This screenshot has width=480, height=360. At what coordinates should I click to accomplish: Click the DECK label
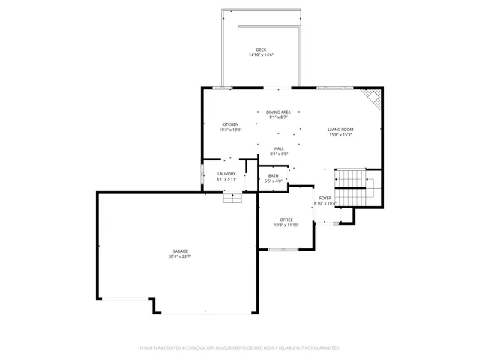pyautogui.click(x=261, y=49)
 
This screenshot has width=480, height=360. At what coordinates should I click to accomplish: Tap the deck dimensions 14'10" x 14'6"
pyautogui.click(x=261, y=55)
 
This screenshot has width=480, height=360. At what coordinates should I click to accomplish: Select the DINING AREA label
pyautogui.click(x=278, y=112)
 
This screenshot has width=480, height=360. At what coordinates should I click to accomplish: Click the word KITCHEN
pyautogui.click(x=230, y=124)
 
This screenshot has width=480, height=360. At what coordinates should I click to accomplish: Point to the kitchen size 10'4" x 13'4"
pyautogui.click(x=230, y=130)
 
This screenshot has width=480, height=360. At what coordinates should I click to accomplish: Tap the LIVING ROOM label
pyautogui.click(x=340, y=130)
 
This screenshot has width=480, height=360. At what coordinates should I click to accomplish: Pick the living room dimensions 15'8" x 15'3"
pyautogui.click(x=340, y=136)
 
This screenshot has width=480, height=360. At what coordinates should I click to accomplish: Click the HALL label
pyautogui.click(x=279, y=148)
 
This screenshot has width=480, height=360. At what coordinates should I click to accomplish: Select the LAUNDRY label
pyautogui.click(x=226, y=174)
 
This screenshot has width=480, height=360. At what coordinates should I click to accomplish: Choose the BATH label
pyautogui.click(x=274, y=175)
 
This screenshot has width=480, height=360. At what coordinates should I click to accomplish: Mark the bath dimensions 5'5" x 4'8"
pyautogui.click(x=274, y=181)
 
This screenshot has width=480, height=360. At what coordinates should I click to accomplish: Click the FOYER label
pyautogui.click(x=325, y=198)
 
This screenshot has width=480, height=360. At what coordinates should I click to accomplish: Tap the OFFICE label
pyautogui.click(x=286, y=220)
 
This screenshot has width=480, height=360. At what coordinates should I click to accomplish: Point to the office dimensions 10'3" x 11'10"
pyautogui.click(x=286, y=225)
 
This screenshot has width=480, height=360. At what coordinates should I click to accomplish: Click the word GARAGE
pyautogui.click(x=179, y=250)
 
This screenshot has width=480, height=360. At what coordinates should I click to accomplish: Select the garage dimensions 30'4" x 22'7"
pyautogui.click(x=179, y=256)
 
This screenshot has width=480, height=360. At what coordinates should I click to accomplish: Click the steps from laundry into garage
pyautogui.click(x=233, y=198)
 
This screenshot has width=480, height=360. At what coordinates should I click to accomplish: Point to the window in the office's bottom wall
pyautogui.click(x=286, y=248)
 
